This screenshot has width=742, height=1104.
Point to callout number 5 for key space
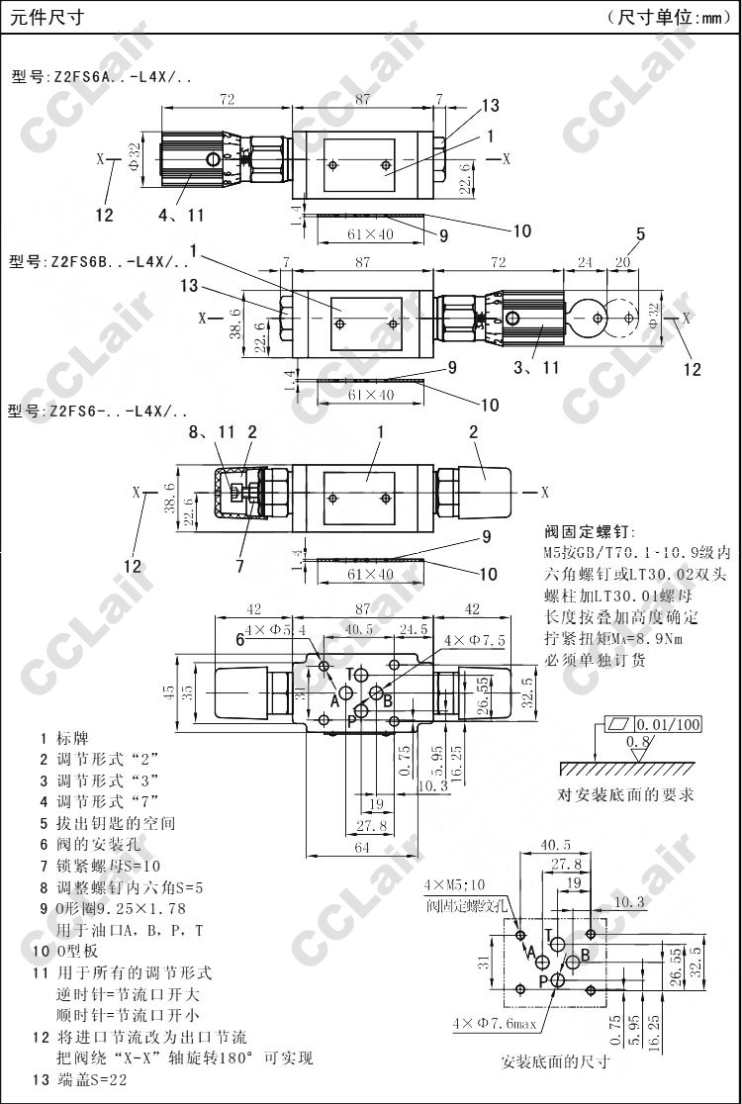pyautogui.click(x=641, y=233)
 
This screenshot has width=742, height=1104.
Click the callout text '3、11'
pyautogui.click(x=538, y=368)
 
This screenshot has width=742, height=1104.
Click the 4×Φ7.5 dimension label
pyautogui.click(x=474, y=641)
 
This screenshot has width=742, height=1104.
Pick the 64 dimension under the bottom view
pyautogui.click(x=361, y=847)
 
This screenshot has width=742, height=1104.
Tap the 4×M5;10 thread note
pyautogui.click(x=454, y=884)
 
